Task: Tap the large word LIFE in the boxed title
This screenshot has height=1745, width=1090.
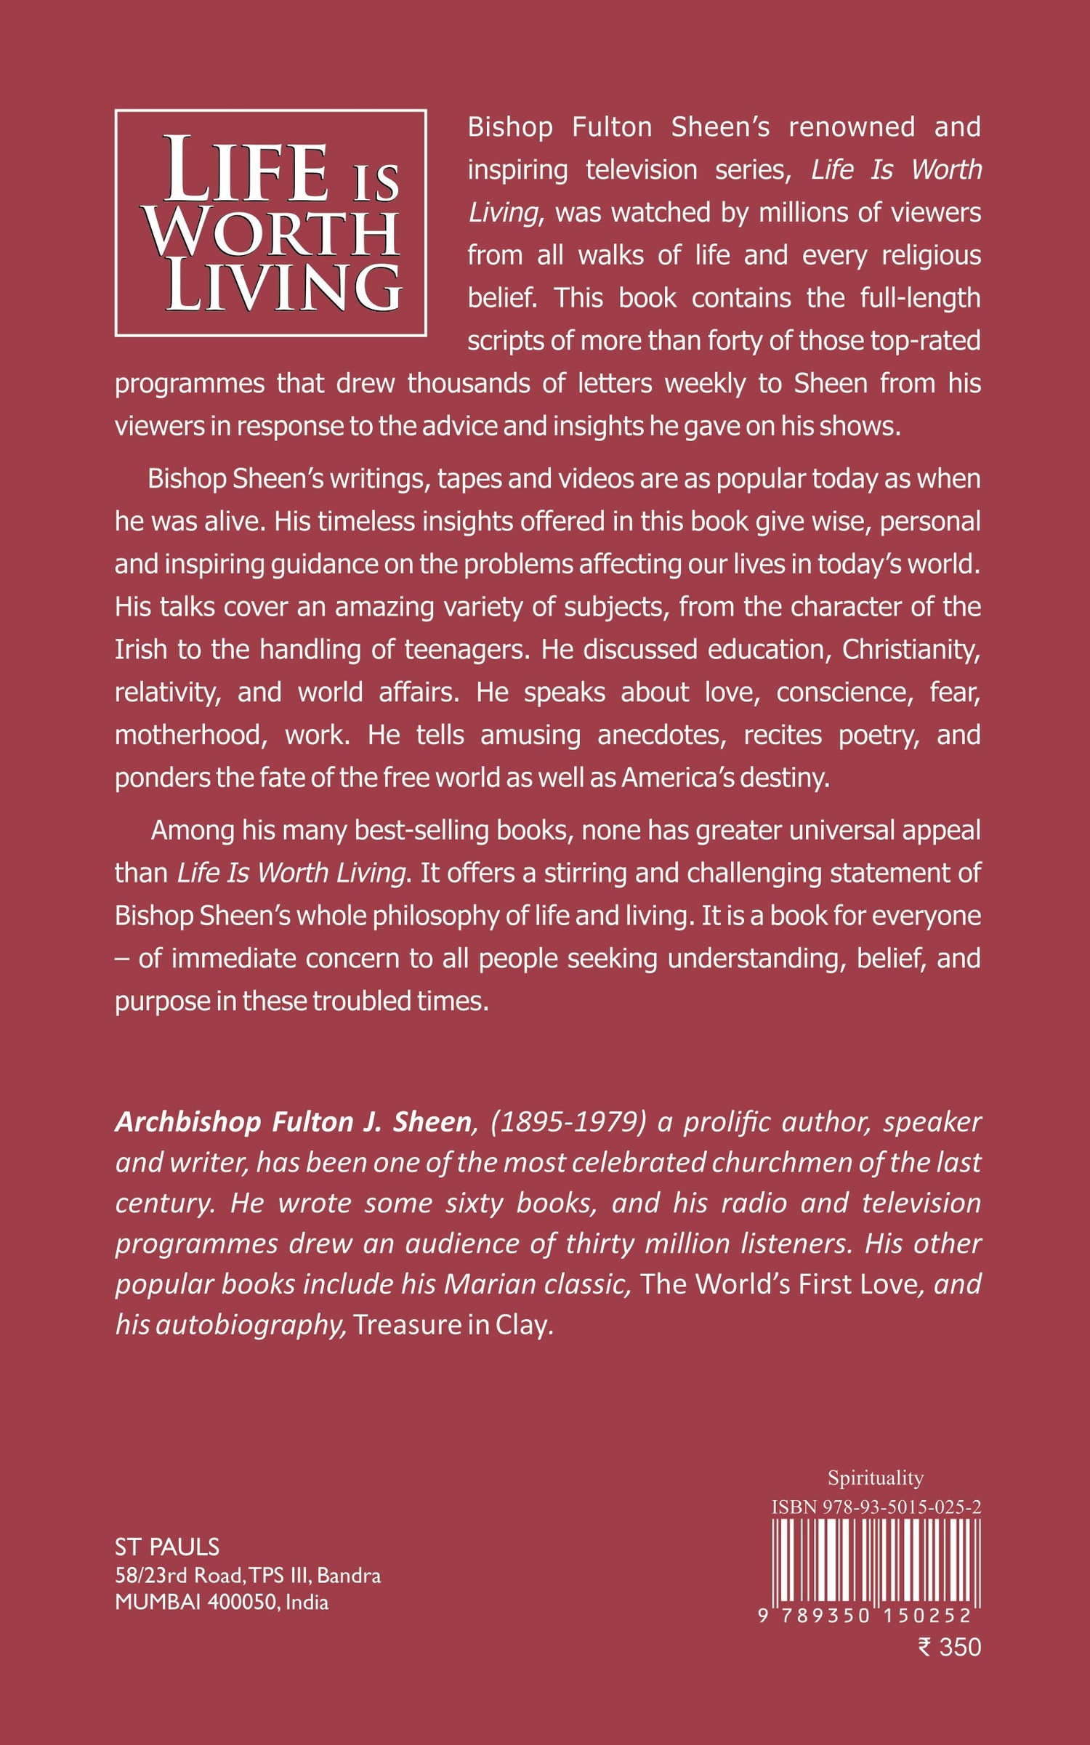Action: click(246, 171)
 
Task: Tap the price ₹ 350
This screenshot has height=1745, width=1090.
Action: click(950, 1647)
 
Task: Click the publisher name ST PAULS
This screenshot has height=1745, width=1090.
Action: click(167, 1547)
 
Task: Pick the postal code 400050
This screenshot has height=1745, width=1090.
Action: click(243, 1602)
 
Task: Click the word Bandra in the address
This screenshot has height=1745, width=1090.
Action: click(349, 1575)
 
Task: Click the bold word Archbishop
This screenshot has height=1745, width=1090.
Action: click(187, 1122)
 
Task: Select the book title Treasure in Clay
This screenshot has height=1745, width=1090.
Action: click(450, 1325)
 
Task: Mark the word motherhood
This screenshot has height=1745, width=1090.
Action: click(190, 735)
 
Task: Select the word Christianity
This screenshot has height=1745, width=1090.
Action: click(911, 649)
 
